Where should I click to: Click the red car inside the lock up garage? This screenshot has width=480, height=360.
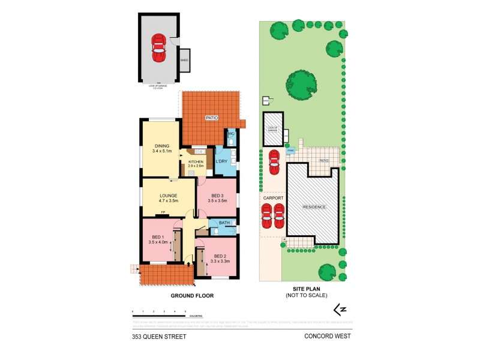point(158,47)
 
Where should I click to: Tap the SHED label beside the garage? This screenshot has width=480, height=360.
point(184,60)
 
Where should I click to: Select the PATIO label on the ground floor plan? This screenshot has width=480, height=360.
point(211,118)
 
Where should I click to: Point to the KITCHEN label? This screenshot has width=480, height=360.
point(196,162)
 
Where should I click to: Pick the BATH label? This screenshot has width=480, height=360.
point(224,223)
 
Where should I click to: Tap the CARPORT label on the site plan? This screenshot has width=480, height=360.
point(272,197)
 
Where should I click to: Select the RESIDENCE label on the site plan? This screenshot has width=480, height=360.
point(314,207)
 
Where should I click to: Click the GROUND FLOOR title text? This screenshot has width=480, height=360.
point(193,296)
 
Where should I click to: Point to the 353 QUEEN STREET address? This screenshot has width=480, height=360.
point(159,337)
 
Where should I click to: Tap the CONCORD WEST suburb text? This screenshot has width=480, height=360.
point(328,337)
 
